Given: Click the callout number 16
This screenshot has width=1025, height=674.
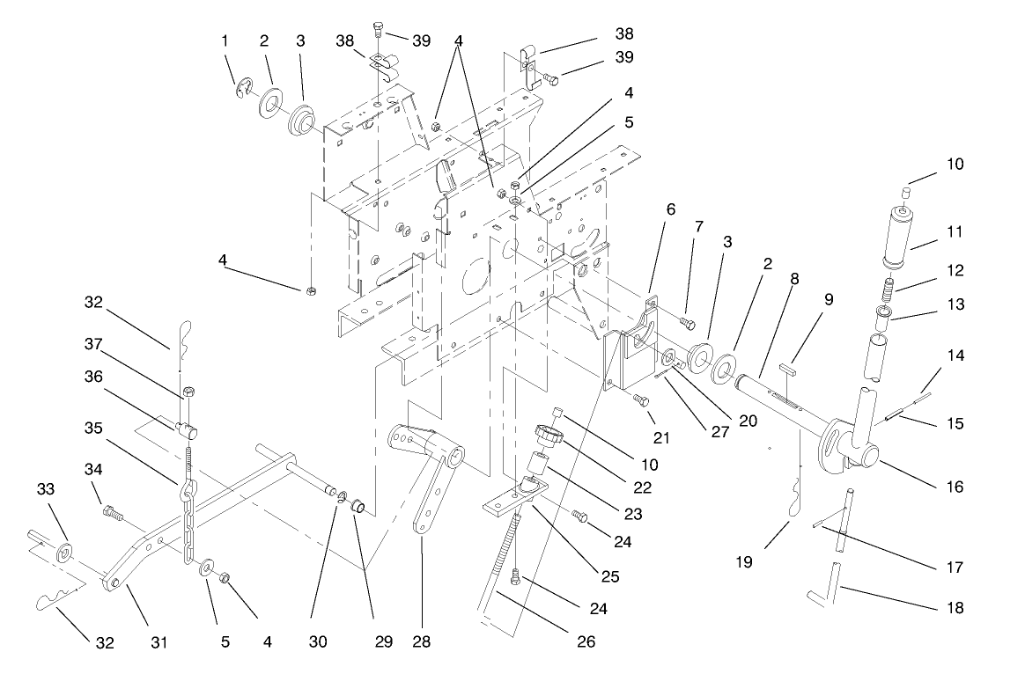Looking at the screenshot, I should tap(954, 487).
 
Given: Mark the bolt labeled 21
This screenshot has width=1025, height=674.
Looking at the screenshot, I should tap(641, 398).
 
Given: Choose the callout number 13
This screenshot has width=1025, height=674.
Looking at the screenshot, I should tap(954, 304).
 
